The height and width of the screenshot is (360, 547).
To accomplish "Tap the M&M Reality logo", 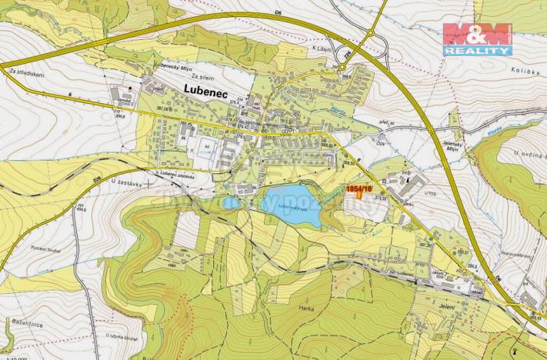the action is click(477, 38).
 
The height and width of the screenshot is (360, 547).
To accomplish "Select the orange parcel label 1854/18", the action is click(359, 188).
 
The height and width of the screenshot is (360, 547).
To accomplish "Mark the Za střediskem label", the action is click(25, 74).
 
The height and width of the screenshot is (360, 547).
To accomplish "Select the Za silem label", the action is click(202, 76).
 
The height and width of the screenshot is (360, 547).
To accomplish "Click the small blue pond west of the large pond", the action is click(232, 203).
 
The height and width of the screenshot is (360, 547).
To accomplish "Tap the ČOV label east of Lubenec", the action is click(380, 142).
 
